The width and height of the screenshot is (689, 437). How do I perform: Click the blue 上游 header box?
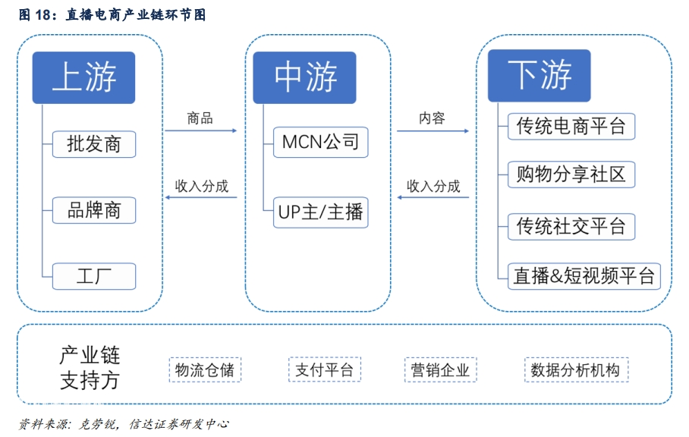(x=83, y=77)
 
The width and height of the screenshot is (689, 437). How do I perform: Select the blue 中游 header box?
(x=304, y=77)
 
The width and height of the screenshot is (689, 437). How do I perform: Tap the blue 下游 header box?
(x=540, y=76)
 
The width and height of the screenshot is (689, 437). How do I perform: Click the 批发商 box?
(x=94, y=144)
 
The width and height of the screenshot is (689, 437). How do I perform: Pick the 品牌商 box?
(x=94, y=210)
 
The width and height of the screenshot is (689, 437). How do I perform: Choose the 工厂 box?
(x=94, y=276)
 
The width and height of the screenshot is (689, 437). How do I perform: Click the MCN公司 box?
(x=321, y=143)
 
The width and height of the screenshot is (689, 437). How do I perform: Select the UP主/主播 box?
(x=321, y=212)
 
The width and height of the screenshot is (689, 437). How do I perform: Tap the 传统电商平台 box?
(x=571, y=127)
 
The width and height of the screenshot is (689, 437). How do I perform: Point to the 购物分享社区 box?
(x=571, y=174)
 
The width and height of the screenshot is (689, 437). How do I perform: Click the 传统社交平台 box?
(x=571, y=227)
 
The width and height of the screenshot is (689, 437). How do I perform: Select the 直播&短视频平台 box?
(x=584, y=276)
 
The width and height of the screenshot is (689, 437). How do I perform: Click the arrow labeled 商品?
(x=201, y=130)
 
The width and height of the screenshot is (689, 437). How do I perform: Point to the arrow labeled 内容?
(x=433, y=131)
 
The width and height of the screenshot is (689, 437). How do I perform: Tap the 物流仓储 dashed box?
(x=205, y=369)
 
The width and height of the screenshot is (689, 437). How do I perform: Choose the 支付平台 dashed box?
(x=325, y=369)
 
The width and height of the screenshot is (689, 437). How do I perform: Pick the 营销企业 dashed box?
(x=440, y=369)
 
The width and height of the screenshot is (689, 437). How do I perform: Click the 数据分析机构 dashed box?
(x=576, y=369)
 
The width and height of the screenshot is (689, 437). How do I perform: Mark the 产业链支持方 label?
(x=90, y=368)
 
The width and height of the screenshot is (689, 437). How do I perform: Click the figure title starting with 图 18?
(x=112, y=14)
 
